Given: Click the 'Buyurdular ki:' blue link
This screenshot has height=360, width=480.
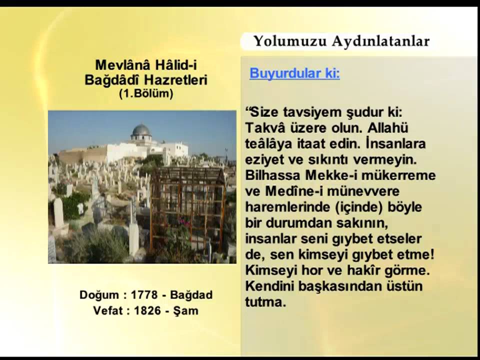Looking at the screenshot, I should tap(294, 73).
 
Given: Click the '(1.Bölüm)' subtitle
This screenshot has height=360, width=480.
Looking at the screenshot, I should tap(146, 93).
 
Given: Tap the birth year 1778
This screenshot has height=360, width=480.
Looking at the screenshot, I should tap(144, 295).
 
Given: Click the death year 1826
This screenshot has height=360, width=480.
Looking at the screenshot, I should tap(147, 310).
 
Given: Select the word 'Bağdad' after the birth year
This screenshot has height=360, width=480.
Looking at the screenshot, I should tap(192, 295).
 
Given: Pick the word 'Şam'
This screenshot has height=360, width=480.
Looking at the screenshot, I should tap(186, 310).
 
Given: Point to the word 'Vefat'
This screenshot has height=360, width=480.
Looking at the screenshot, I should tap(109, 310).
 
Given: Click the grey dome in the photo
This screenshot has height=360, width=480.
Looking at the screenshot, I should tap(141, 131).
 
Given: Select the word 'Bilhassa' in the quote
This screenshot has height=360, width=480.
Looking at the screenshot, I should tap(270, 175).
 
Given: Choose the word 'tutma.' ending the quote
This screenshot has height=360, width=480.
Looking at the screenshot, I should tap(265, 302).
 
